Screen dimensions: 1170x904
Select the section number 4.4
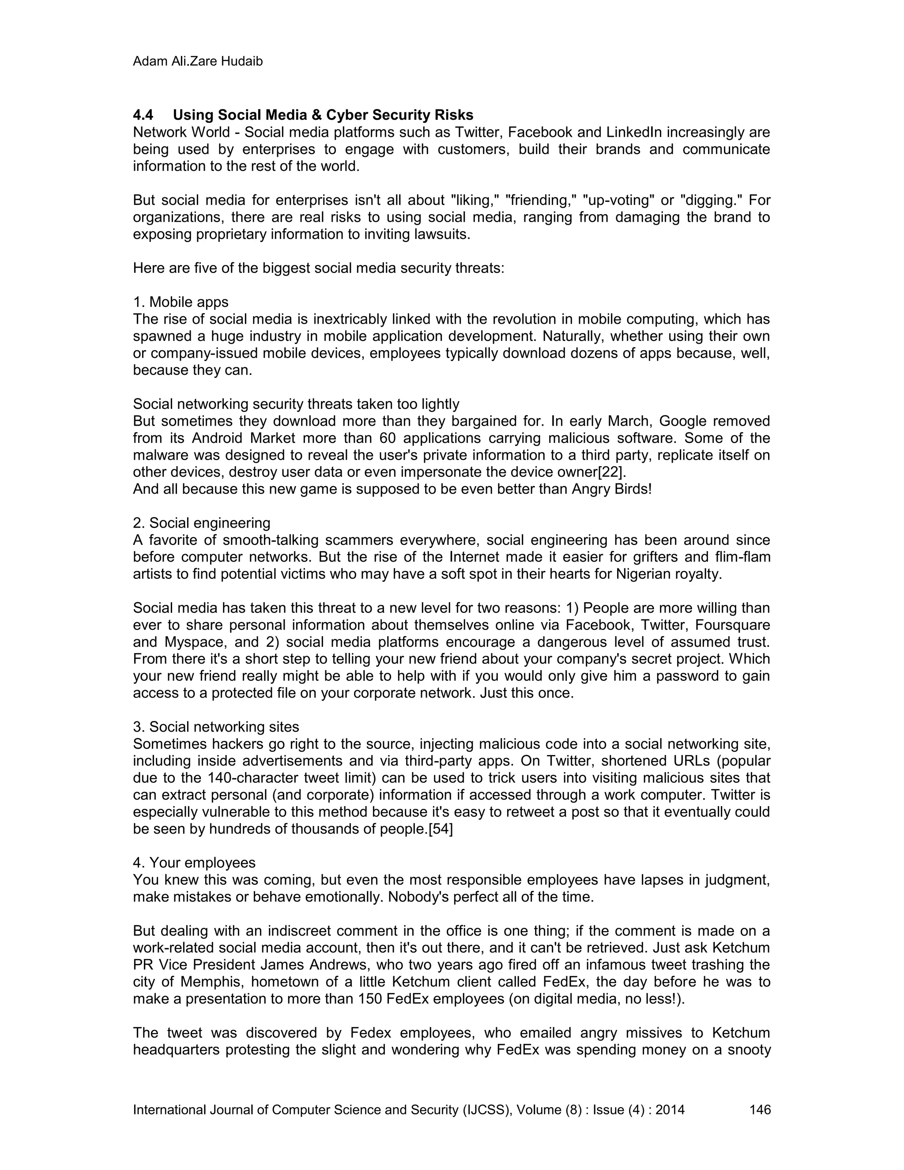click(x=143, y=115)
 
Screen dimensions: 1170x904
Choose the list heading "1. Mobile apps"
click(x=181, y=302)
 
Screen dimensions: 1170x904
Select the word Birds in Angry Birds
click(x=633, y=490)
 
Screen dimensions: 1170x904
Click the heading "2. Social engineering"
click(x=201, y=523)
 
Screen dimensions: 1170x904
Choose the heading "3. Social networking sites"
click(x=216, y=727)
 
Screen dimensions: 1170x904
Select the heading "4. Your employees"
click(x=194, y=863)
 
